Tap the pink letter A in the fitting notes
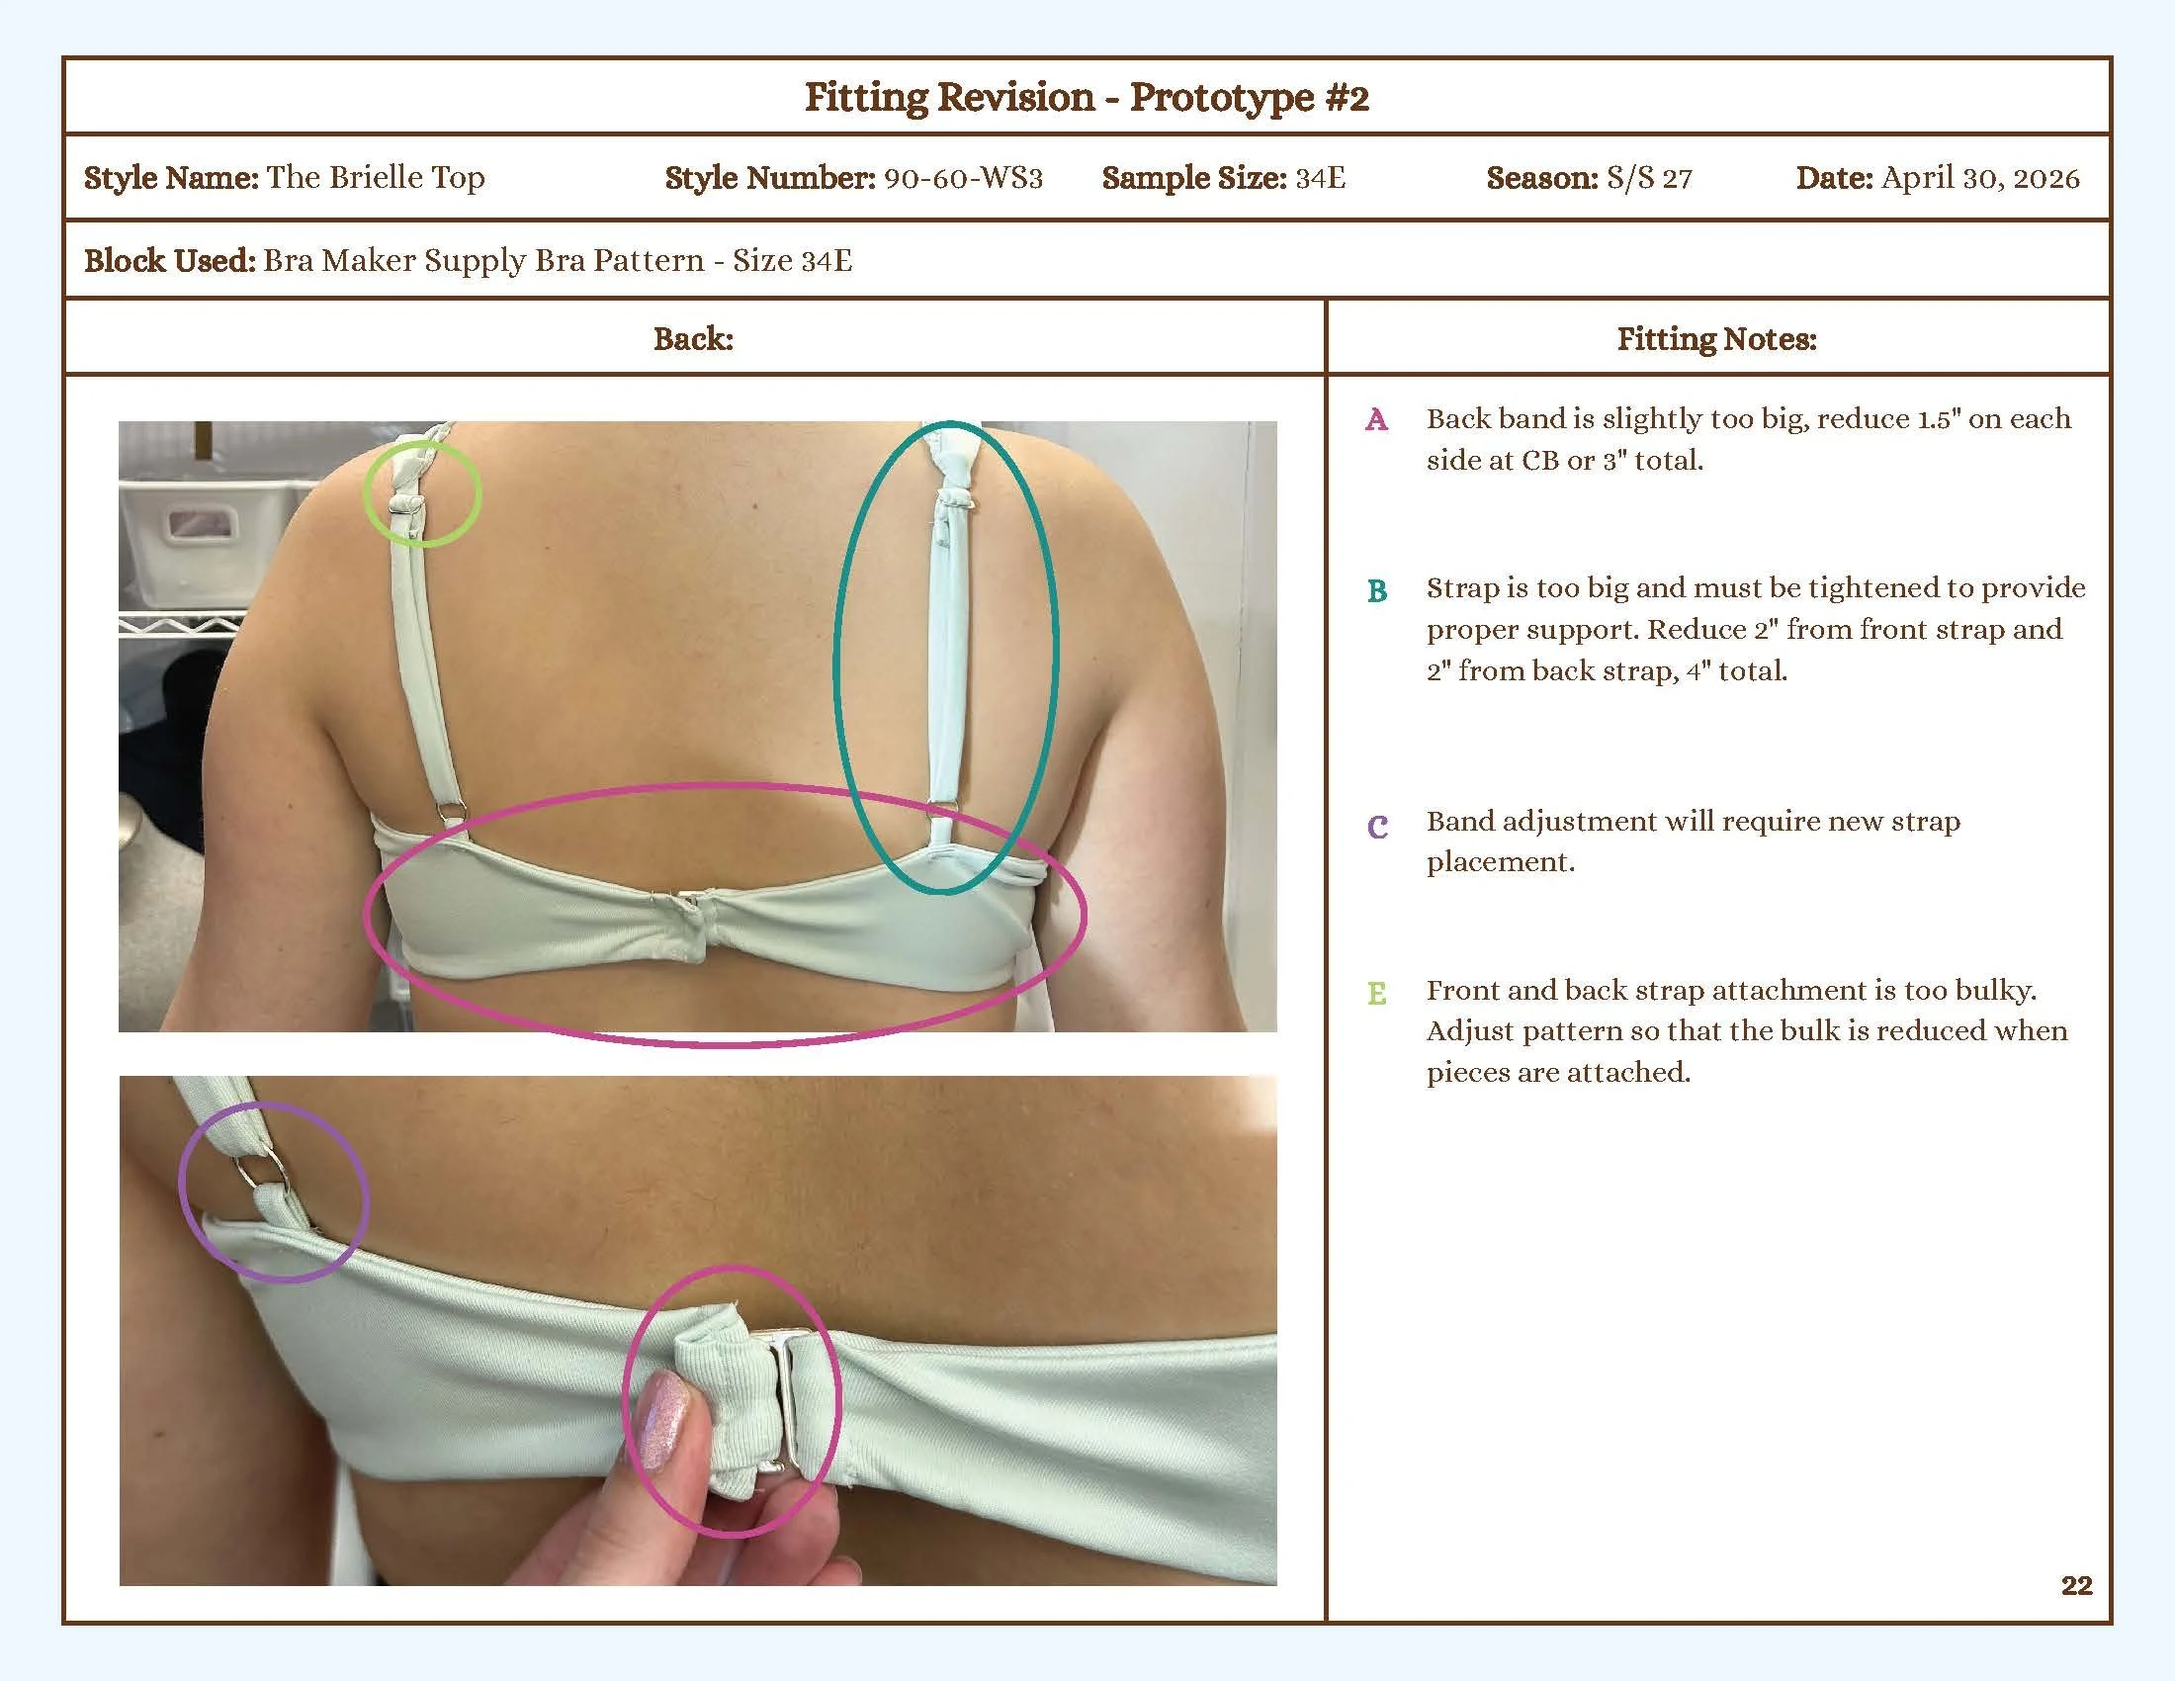coord(1376,419)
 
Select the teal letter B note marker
coord(1376,590)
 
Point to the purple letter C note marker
coord(1376,826)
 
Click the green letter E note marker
coord(1376,993)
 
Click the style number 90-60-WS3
coord(962,178)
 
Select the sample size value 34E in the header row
coord(1320,178)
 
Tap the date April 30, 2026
coord(1980,178)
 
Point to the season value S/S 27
coord(1648,178)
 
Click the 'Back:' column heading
coord(693,338)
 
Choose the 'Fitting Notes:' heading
coord(1716,338)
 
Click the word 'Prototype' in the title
coord(1222,98)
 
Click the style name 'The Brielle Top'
coord(376,178)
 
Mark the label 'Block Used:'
coord(169,261)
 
